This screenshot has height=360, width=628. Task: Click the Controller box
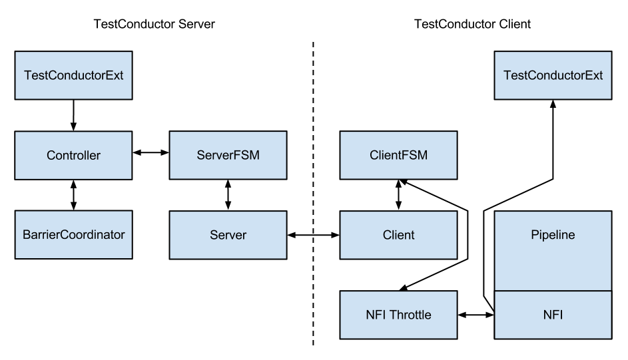[73, 156]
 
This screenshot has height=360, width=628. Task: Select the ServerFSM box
[228, 156]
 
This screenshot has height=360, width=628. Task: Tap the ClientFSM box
[398, 156]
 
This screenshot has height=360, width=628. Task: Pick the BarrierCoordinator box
[73, 235]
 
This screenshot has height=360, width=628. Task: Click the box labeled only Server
[228, 235]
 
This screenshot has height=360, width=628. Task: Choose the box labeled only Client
[398, 235]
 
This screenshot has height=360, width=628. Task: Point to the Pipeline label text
[553, 235]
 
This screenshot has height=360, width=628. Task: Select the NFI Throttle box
[398, 315]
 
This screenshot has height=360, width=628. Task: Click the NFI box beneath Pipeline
[553, 315]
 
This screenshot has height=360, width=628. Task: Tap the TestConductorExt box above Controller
[73, 75]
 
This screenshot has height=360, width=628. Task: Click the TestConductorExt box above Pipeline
[553, 75]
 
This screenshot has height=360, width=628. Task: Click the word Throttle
[410, 315]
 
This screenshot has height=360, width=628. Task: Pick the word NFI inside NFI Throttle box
[376, 315]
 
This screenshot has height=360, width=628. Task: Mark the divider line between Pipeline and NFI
[553, 291]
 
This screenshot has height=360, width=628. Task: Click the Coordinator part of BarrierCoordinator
[93, 235]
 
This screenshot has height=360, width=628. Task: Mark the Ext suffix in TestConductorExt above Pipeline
[593, 75]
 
